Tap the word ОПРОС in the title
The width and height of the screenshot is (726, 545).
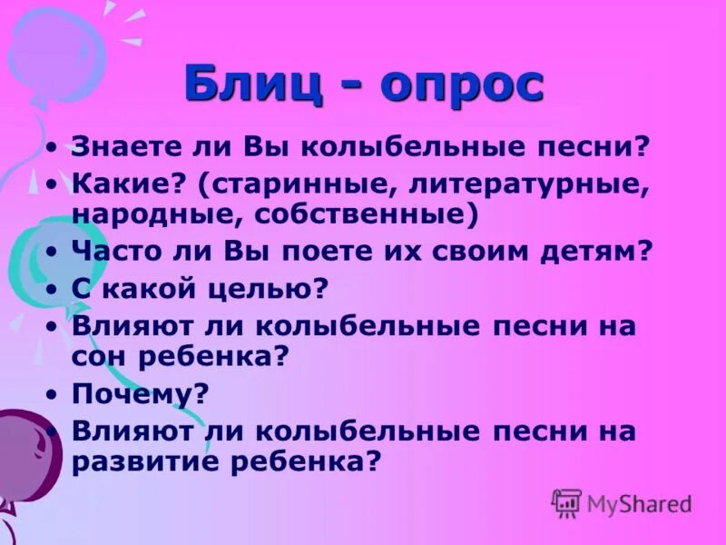coord(462,85)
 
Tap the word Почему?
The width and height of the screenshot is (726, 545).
coord(140,393)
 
